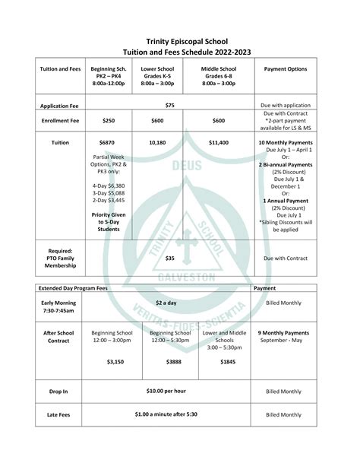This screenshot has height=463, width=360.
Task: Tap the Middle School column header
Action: pos(219,75)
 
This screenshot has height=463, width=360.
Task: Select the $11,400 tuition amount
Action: pos(219,142)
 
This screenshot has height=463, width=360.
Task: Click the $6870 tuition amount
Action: pos(107,142)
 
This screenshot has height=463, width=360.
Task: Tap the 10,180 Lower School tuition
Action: pos(158,142)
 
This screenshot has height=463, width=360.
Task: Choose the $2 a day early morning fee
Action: pos(166,303)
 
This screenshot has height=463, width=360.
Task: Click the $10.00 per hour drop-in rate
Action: pos(166,391)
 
